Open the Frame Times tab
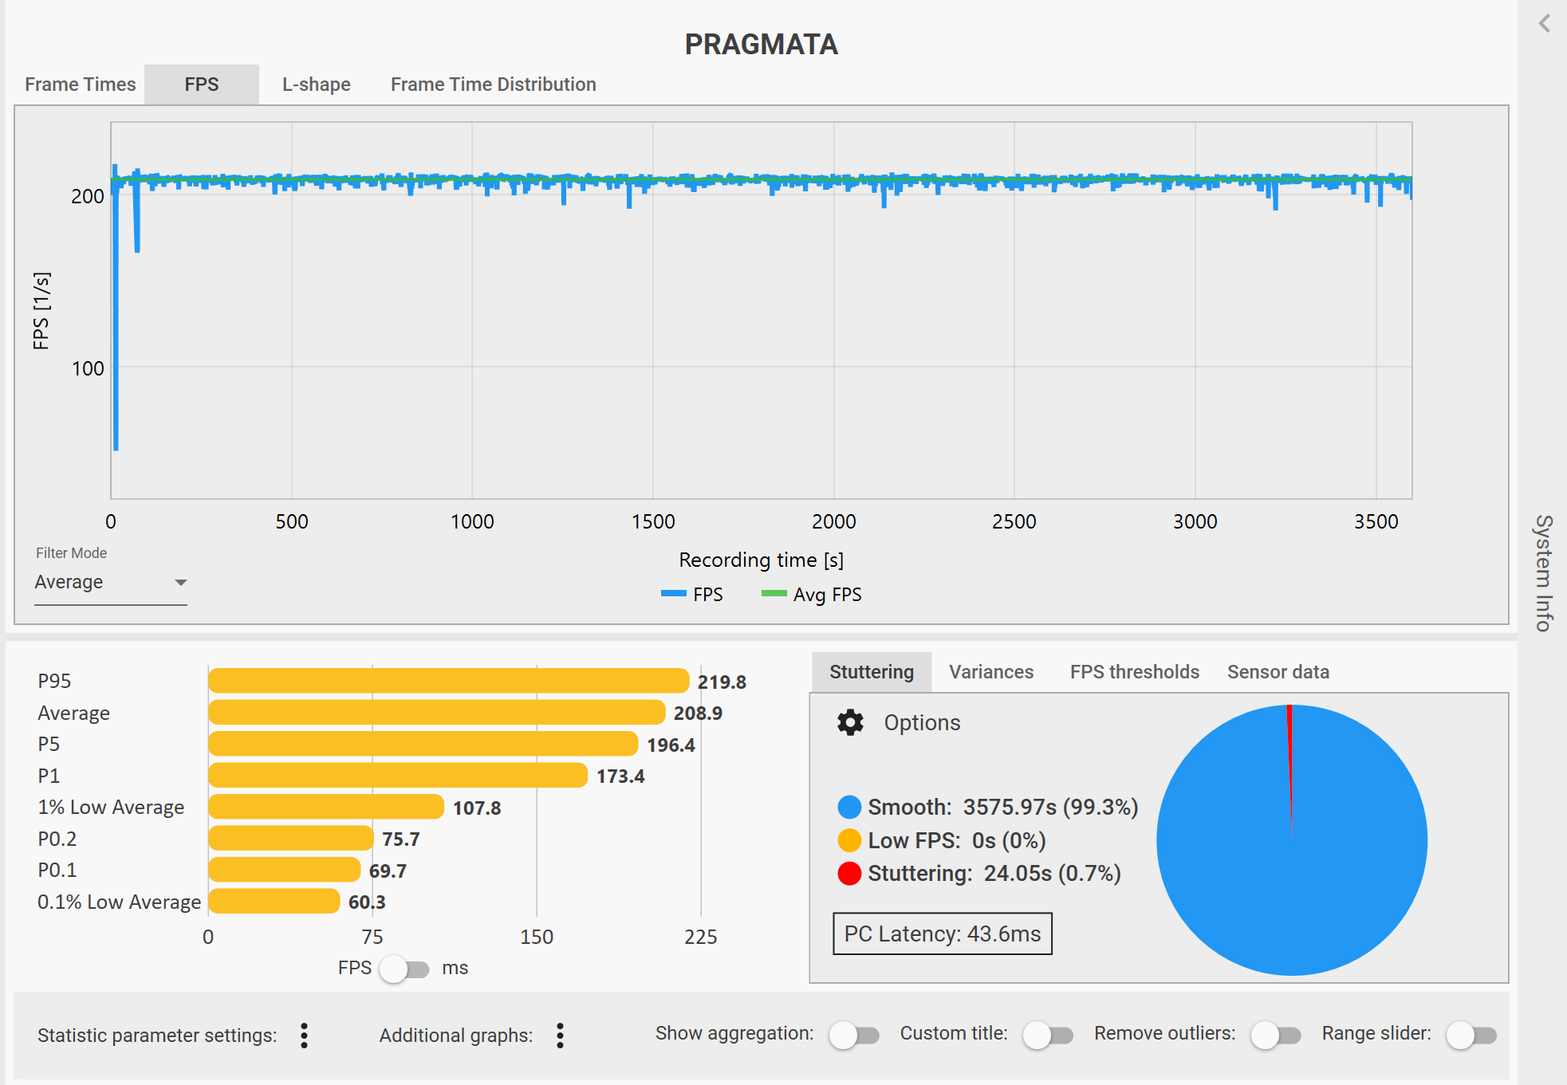click(80, 85)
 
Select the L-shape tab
click(317, 85)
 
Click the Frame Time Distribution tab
click(494, 85)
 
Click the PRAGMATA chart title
click(762, 45)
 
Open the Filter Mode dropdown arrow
click(181, 583)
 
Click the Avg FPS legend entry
click(812, 595)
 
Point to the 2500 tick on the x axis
click(1014, 521)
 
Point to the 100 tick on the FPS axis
click(88, 368)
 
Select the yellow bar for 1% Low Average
click(326, 807)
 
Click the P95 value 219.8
click(722, 682)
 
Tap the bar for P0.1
click(284, 870)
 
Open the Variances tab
click(991, 672)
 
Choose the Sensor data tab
click(1278, 672)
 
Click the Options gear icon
click(850, 722)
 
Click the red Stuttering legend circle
click(849, 874)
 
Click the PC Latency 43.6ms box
click(943, 934)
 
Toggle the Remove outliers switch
click(1275, 1036)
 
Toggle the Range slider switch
click(1471, 1036)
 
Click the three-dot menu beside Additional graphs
click(561, 1036)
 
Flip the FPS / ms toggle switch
click(404, 969)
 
